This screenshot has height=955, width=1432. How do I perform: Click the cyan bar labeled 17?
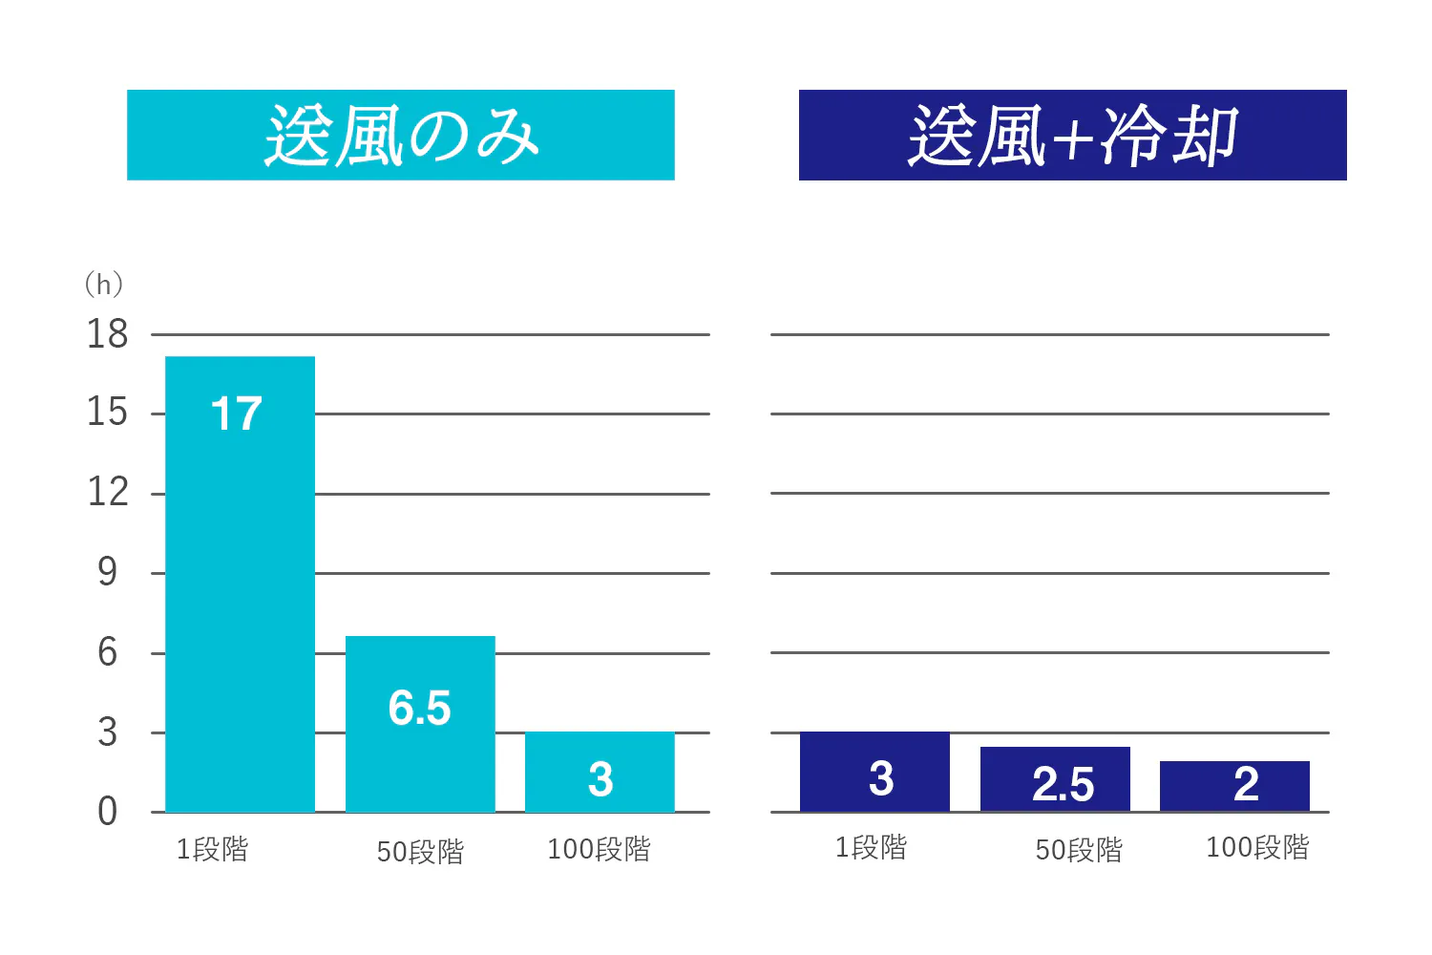(240, 583)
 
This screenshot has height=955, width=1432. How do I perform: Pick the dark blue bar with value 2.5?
(1055, 779)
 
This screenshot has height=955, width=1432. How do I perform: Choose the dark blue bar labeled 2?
(1234, 786)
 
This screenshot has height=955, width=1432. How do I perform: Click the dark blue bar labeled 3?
(874, 772)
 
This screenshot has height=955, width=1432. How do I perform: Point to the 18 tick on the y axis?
(107, 334)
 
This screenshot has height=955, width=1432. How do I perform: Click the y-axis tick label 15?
(107, 413)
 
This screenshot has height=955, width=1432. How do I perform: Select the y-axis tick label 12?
(107, 493)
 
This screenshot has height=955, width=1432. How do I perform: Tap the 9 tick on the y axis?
(107, 572)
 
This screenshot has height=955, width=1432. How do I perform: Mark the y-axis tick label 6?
(107, 653)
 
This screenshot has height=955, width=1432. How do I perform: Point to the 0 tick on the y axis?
(107, 812)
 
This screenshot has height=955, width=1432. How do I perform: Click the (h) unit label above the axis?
(103, 284)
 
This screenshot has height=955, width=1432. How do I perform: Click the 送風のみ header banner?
(401, 135)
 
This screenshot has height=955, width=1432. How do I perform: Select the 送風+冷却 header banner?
(1072, 135)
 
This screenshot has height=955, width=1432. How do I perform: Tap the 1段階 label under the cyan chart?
(212, 849)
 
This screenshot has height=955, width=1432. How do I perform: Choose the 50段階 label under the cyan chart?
(420, 851)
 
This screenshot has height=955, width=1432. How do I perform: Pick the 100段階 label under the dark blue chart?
(1257, 847)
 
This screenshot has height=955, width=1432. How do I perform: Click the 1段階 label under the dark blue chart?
(871, 847)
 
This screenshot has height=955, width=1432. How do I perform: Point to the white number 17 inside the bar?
(236, 414)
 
